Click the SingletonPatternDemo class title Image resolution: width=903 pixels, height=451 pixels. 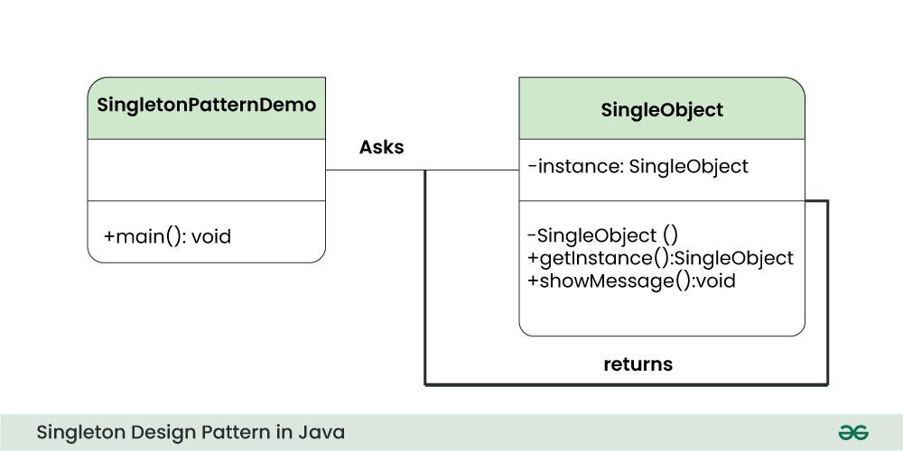coord(206,105)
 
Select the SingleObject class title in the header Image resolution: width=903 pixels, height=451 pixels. coord(662,110)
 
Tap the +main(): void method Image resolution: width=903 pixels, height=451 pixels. coord(168,237)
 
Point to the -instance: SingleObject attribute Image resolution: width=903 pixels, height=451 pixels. coord(638,166)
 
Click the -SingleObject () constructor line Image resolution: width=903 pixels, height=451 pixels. coord(601,235)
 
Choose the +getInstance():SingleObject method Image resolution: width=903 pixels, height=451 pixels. coord(660,258)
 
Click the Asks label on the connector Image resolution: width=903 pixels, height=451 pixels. coord(381,147)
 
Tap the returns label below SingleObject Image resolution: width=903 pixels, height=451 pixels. coord(638,364)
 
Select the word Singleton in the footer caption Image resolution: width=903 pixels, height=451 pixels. coord(78,433)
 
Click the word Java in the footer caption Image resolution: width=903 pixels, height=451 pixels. coord(323,433)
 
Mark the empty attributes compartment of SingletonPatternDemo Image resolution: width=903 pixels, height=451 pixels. coord(206,170)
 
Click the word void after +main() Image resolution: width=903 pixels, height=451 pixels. coord(211,237)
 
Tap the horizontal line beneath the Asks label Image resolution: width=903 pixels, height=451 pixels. coord(375,170)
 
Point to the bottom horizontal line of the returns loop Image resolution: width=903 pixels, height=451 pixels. coord(626,385)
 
